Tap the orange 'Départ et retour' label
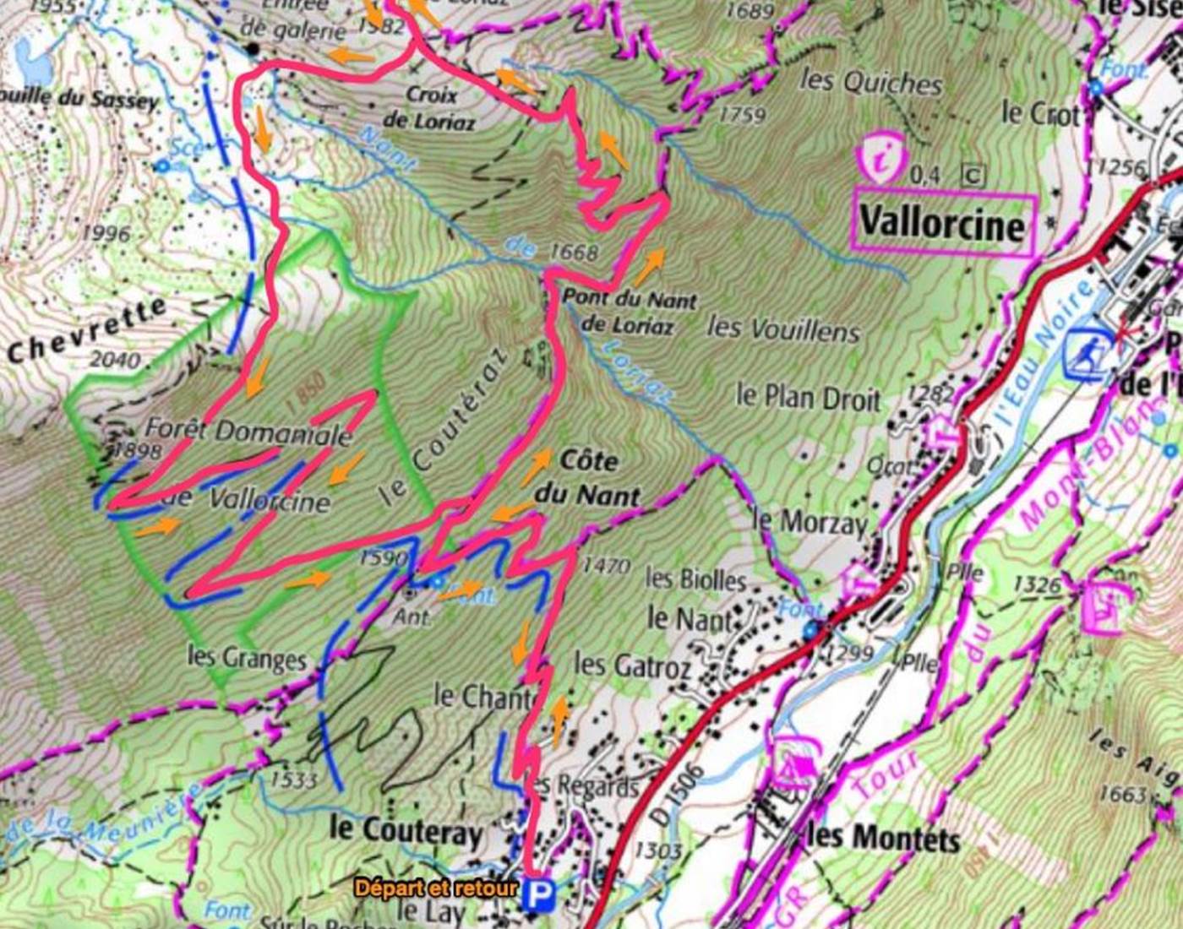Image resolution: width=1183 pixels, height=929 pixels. tap(435, 888)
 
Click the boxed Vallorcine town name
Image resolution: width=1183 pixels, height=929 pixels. tap(943, 225)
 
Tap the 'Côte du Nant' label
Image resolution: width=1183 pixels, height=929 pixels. tap(588, 477)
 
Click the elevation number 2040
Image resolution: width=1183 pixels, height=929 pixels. tap(115, 360)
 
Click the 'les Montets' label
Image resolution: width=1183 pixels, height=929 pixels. tap(883, 839)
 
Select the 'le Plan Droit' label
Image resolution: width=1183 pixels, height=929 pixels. tap(808, 397)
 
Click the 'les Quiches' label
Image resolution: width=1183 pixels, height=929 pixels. tap(870, 82)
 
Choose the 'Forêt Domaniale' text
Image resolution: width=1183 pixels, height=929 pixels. tap(248, 432)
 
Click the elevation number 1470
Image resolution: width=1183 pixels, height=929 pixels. tap(606, 566)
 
